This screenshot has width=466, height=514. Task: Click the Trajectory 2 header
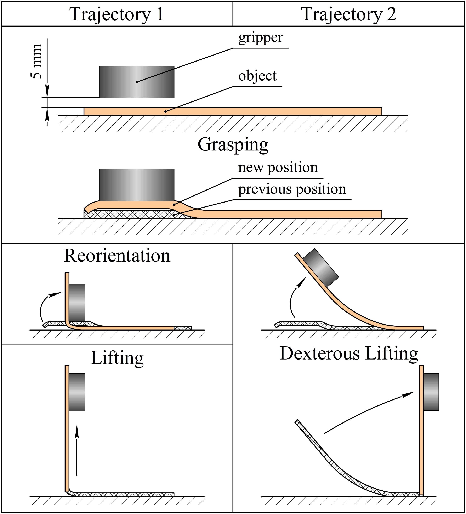tap(349, 14)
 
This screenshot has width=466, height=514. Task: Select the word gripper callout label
tap(261, 38)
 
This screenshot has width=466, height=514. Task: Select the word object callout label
tap(257, 76)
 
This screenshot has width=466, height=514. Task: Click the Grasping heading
tap(233, 145)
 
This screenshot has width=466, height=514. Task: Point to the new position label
tap(278, 168)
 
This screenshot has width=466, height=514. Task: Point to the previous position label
tap(292, 189)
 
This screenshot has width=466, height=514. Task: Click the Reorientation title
tap(117, 256)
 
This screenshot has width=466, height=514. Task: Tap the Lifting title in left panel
tap(117, 358)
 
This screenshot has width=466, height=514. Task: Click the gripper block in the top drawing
tap(137, 82)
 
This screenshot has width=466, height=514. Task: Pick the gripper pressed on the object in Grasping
tap(137, 185)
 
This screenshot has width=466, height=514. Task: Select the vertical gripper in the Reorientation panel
tap(77, 302)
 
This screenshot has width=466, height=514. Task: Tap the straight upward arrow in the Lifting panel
tap(77, 450)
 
